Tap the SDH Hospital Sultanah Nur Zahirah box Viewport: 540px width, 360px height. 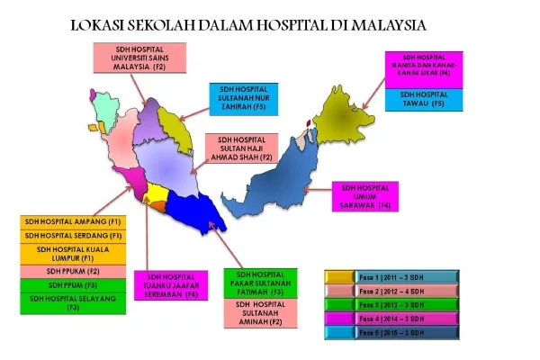(247, 97)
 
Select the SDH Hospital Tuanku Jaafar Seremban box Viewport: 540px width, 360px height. (171, 285)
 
